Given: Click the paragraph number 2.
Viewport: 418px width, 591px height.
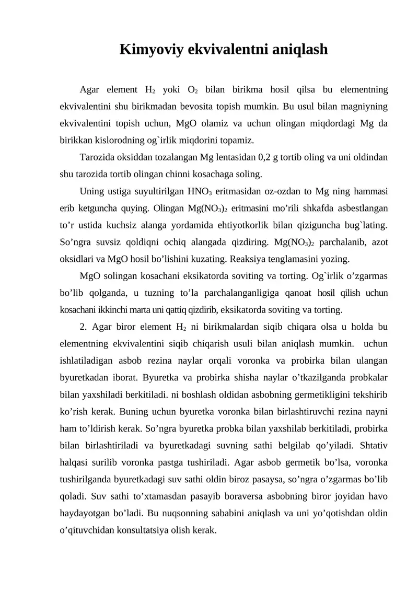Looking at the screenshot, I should (83, 327).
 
